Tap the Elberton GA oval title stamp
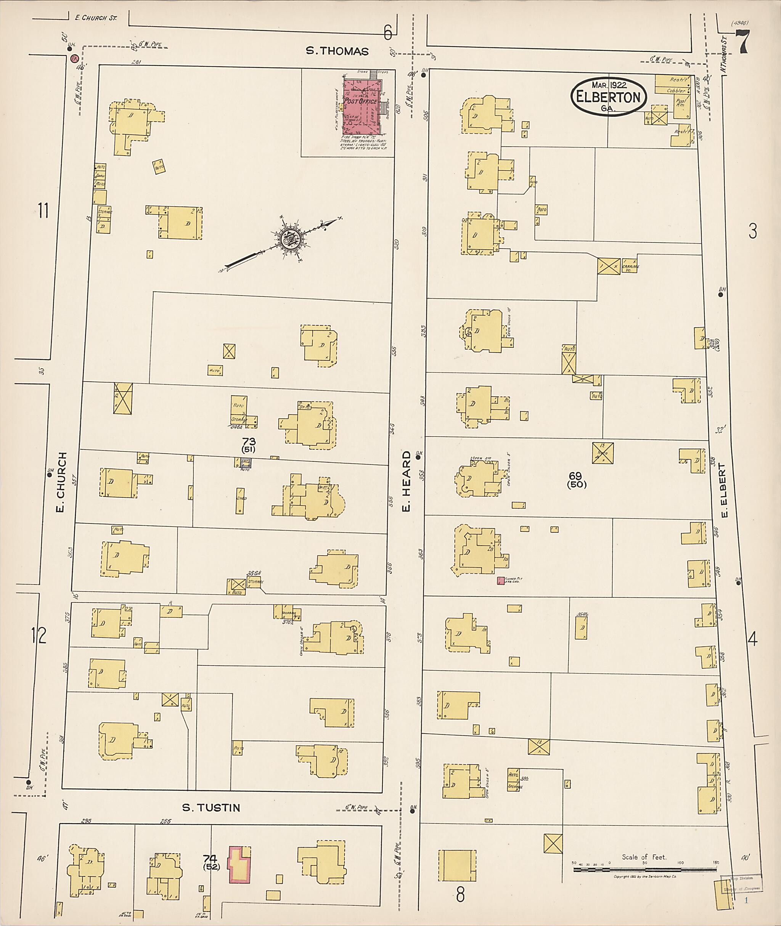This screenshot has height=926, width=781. point(608,97)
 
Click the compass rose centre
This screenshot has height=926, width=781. point(291,239)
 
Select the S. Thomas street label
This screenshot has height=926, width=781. point(337,51)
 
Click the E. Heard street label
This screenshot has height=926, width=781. point(406,481)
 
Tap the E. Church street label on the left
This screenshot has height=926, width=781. point(61,482)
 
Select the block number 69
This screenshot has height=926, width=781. point(575,476)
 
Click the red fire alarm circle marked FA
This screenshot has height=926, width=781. point(74,58)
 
